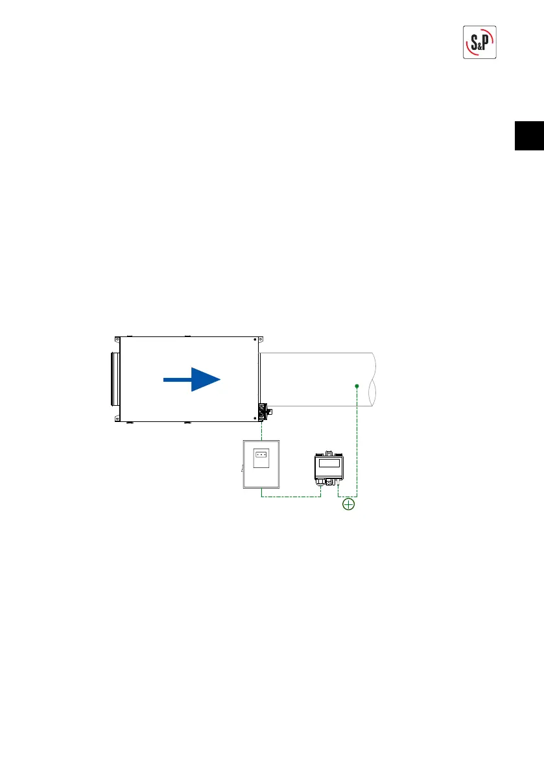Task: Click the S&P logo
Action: coord(480,43)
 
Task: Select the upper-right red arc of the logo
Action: coord(491,34)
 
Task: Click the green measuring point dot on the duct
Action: coord(357,386)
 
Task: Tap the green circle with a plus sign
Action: coord(349,504)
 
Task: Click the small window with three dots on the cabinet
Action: coord(261,454)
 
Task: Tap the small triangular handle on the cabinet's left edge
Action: coord(241,465)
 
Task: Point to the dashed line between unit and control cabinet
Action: coord(261,429)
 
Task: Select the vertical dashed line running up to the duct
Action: coord(357,441)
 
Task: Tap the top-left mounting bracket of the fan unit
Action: coord(117,339)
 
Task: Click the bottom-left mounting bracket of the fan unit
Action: coord(117,419)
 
